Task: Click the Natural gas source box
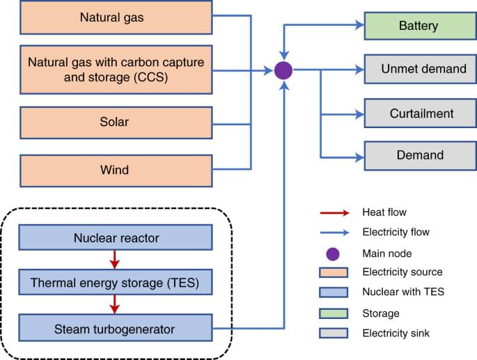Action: click(116, 17)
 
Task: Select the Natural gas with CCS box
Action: click(116, 69)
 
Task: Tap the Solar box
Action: click(116, 123)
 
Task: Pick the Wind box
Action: click(116, 169)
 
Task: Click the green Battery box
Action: click(418, 26)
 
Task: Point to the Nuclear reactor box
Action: click(116, 239)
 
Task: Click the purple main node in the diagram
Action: click(283, 70)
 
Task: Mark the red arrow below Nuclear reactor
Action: click(116, 261)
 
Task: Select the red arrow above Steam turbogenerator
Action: click(116, 305)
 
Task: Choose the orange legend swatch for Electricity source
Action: click(332, 272)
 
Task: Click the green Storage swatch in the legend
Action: click(332, 313)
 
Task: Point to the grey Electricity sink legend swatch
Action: click(332, 334)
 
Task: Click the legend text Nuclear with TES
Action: click(402, 292)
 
